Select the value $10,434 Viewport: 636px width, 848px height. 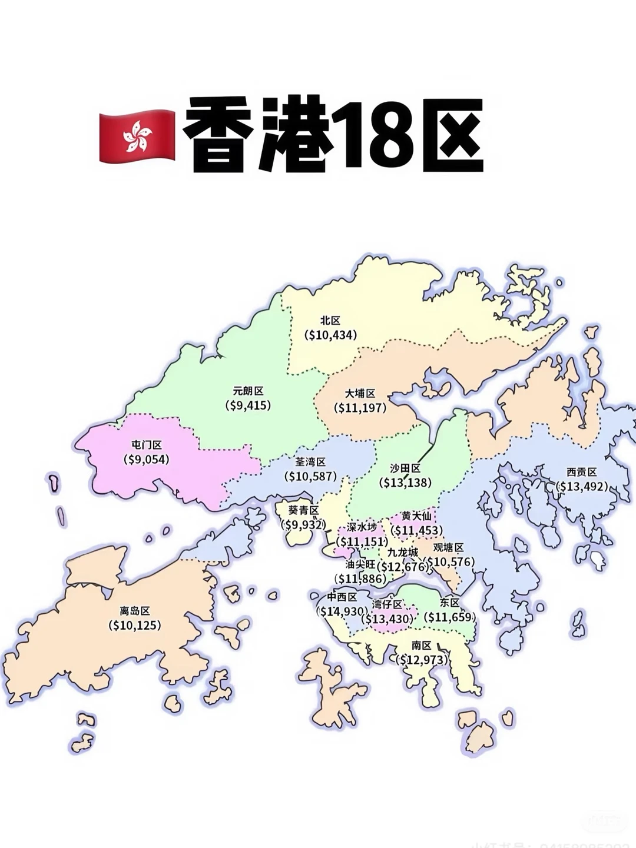(330, 335)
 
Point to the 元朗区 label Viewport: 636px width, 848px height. (248, 391)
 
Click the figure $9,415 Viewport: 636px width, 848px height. (248, 405)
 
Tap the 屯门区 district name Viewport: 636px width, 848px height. (146, 445)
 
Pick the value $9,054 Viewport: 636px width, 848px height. (146, 460)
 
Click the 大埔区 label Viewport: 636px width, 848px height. (360, 393)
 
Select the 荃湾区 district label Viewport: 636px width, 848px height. (310, 463)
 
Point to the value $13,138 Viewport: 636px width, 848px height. (405, 483)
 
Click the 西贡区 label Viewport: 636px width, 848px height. (582, 472)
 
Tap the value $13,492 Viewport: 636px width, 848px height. (582, 487)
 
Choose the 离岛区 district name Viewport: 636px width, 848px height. (135, 611)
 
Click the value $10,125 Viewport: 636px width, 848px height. (135, 625)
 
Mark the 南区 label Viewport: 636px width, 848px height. (422, 646)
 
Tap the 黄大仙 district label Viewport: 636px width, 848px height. (416, 516)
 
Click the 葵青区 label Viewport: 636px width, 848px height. (303, 510)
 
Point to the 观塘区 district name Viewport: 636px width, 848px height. (449, 548)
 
